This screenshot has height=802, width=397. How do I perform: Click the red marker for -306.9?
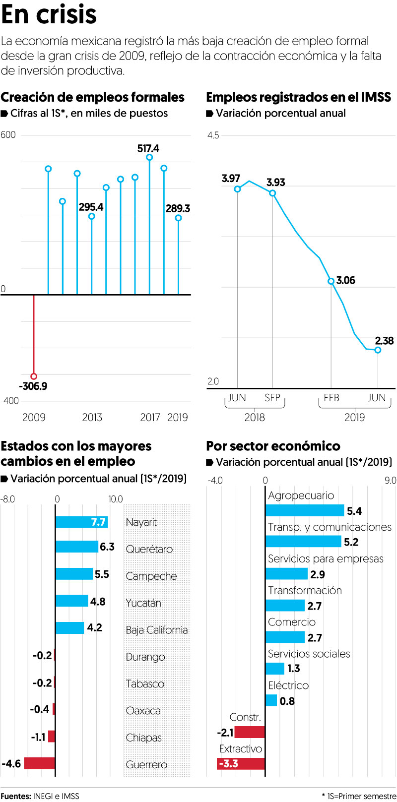34,376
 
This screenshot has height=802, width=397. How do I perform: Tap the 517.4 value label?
148,148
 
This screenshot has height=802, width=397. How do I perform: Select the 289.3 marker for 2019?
178,218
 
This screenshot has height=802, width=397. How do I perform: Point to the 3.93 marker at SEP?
272,193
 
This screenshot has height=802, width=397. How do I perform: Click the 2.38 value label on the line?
384,341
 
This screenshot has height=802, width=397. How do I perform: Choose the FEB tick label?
331,398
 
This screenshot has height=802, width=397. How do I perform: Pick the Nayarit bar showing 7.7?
81,522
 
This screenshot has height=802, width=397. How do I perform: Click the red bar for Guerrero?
39,763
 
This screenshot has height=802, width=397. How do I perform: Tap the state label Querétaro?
149,549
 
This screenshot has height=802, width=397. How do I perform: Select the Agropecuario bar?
305,510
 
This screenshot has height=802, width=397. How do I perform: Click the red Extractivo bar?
241,763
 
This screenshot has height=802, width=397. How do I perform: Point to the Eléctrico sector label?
288,685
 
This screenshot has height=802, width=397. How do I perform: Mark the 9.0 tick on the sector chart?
391,480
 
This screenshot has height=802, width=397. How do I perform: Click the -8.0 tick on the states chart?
8,499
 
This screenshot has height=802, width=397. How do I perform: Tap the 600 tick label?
8,135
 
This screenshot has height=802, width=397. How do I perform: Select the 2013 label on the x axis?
92,417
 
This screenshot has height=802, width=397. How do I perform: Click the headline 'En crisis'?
49,15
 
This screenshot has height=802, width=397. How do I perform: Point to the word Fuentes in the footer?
15,796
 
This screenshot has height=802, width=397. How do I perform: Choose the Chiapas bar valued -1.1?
52,737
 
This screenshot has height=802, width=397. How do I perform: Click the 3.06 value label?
345,280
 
